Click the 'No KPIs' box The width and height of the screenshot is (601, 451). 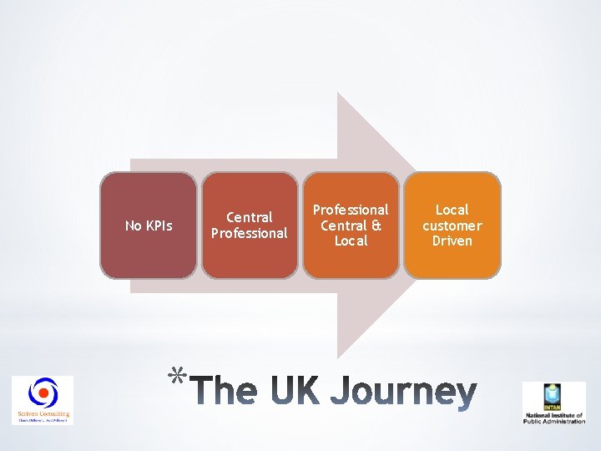pyautogui.click(x=149, y=225)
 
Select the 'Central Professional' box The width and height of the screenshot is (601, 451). pyautogui.click(x=249, y=225)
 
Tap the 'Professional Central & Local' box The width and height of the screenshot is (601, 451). pyautogui.click(x=351, y=225)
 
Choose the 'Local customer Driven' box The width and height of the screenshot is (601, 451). pyautogui.click(x=452, y=225)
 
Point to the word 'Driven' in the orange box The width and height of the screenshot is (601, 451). pyautogui.click(x=452, y=241)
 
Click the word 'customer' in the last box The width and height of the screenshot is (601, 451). pyautogui.click(x=452, y=225)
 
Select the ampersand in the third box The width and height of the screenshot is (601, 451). pyautogui.click(x=376, y=225)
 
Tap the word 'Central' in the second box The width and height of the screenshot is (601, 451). pyautogui.click(x=249, y=217)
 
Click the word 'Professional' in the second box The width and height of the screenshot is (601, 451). pyautogui.click(x=249, y=233)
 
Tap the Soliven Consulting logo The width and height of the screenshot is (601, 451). pyautogui.click(x=42, y=400)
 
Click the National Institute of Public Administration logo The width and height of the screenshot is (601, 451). pyautogui.click(x=553, y=403)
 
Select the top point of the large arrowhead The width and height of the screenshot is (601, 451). pyautogui.click(x=337, y=93)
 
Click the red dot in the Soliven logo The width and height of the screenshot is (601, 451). pyautogui.click(x=43, y=393)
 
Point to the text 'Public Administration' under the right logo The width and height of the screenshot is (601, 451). pyautogui.click(x=553, y=422)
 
